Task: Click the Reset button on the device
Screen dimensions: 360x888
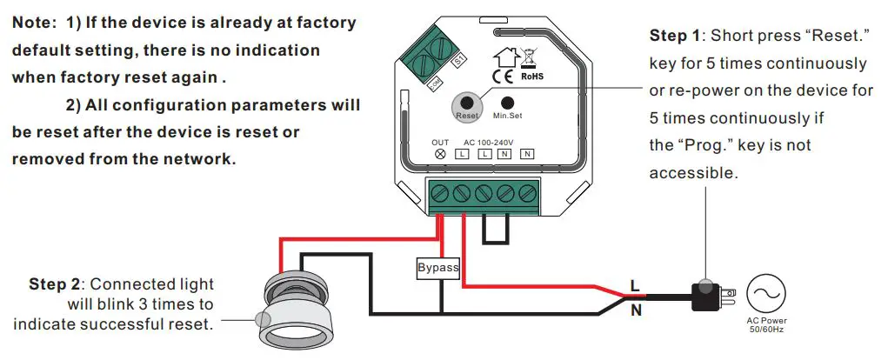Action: [x=467, y=103]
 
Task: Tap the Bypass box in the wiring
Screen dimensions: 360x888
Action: [x=438, y=267]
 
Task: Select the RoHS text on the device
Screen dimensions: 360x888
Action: [x=531, y=77]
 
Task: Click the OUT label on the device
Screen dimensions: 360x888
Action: [x=440, y=142]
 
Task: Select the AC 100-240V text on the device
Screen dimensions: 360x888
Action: [x=489, y=142]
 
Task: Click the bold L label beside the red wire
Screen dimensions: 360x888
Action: [x=635, y=283]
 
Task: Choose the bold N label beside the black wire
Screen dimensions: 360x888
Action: [x=636, y=309]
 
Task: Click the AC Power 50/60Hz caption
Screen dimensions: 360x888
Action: [x=765, y=325]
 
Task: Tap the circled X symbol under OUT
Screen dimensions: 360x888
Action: [x=440, y=154]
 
